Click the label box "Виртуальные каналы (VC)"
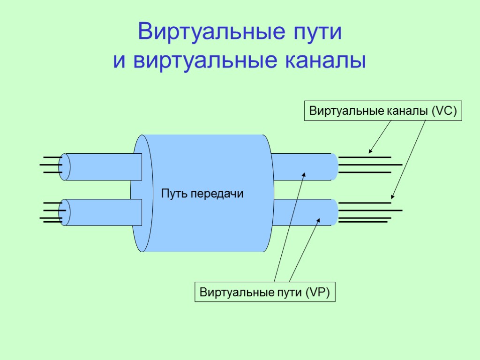(x=383, y=112)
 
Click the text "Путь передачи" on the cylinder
(x=202, y=194)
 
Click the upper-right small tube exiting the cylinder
(x=302, y=167)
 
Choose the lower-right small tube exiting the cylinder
(x=302, y=212)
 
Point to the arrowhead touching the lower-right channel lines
(x=392, y=197)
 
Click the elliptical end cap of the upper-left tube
(x=64, y=167)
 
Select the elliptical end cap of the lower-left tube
(x=64, y=212)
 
